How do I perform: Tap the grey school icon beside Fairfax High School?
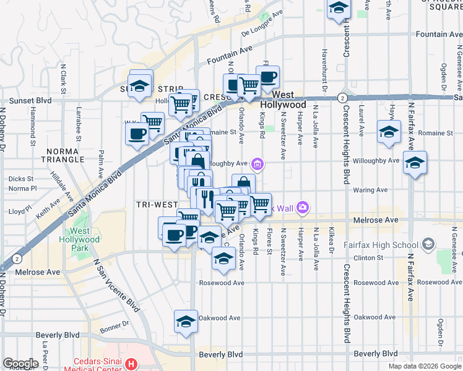coord(428,245)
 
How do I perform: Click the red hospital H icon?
coord(131,365)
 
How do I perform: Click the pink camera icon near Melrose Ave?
coord(303,207)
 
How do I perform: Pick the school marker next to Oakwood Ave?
coord(186,322)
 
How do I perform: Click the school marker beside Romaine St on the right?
coord(389,132)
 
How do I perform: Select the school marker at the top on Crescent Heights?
coord(339,9)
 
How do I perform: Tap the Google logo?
coord(20,364)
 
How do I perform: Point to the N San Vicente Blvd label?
coord(115,285)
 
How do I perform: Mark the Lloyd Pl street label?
coord(17,211)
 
